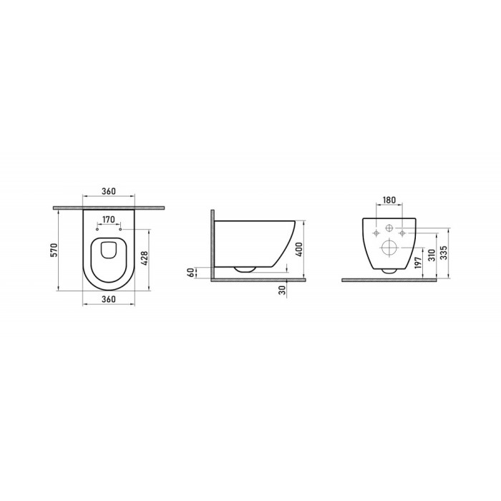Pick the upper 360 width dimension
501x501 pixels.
pos(109,193)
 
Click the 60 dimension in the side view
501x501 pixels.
pos(190,272)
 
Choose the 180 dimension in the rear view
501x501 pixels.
pos(389,200)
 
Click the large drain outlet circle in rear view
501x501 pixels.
pos(389,248)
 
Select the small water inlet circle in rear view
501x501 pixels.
pos(389,229)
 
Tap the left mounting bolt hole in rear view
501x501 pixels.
pos(376,233)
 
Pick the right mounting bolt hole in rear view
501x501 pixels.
pos(403,233)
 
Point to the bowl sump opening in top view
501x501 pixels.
pos(109,248)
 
